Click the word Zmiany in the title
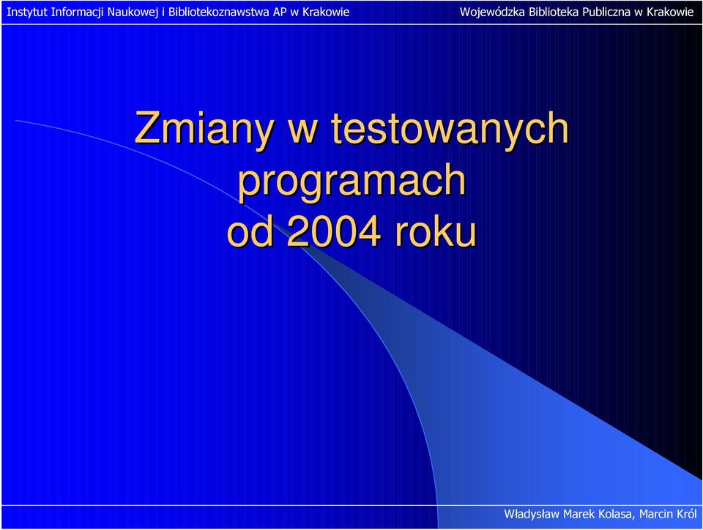point(204,129)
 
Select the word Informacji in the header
point(77,12)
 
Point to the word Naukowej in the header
point(133,12)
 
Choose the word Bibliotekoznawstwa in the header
point(219,12)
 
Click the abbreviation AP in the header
point(280,12)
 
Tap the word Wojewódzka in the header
point(492,12)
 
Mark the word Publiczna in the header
point(606,12)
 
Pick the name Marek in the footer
point(578,514)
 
